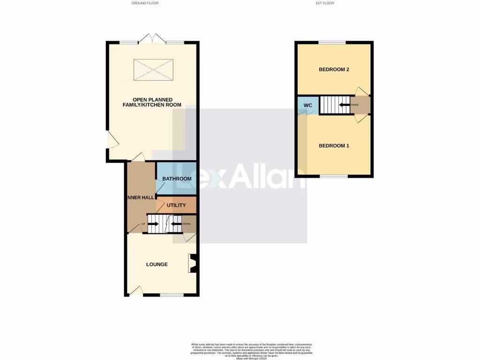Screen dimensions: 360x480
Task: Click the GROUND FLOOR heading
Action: [145, 3]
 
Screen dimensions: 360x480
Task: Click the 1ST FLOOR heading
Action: [325, 3]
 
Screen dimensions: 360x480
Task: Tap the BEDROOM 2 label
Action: [334, 70]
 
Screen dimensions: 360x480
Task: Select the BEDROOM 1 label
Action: [334, 146]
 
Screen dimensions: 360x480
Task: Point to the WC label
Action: [307, 105]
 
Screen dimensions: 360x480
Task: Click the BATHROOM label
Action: [177, 179]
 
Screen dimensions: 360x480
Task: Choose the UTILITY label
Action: [176, 205]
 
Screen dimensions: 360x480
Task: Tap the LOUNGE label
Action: [157, 264]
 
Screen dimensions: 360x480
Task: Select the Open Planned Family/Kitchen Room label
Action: [151, 102]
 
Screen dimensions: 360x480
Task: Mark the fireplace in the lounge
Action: [192, 263]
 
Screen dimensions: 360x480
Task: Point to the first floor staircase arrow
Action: [344, 105]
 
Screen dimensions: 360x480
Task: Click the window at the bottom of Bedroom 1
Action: [334, 176]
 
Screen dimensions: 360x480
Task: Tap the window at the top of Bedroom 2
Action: [332, 43]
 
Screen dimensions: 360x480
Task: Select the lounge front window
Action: [172, 295]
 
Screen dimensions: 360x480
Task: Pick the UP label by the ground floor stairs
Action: [143, 224]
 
